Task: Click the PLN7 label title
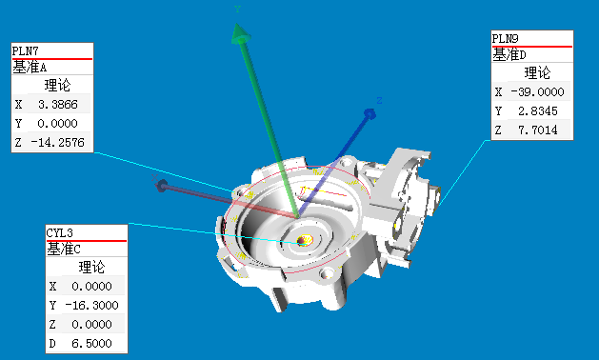tap(25, 50)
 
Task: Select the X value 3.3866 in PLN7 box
tap(58, 105)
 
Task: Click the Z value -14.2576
tap(58, 143)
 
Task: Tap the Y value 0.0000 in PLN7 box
tap(58, 124)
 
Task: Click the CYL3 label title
tap(60, 232)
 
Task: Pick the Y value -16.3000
tap(92, 306)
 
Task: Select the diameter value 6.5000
tap(92, 344)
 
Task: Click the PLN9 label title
tap(505, 39)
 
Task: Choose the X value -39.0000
tap(537, 92)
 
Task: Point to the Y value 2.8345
tap(538, 111)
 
